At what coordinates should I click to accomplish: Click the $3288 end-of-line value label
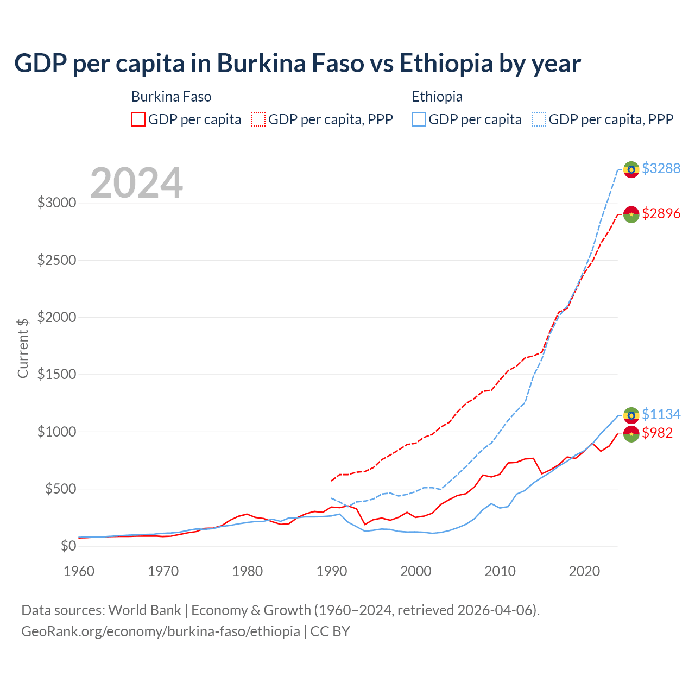[x=661, y=168]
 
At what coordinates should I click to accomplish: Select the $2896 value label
[x=661, y=213]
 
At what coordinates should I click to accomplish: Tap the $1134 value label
[x=661, y=414]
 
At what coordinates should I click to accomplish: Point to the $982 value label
[x=657, y=433]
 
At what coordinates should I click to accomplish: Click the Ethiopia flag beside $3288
[x=631, y=169]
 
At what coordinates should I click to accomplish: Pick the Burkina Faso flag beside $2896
[x=631, y=214]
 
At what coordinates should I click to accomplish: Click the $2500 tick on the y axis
[x=56, y=260]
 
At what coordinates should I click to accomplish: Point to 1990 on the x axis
[x=332, y=571]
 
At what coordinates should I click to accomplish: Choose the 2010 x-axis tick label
[x=500, y=571]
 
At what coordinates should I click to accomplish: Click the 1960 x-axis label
[x=79, y=571]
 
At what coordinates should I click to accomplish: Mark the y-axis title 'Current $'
[x=23, y=348]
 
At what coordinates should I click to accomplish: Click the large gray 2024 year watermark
[x=136, y=183]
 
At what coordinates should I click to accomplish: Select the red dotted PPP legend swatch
[x=258, y=119]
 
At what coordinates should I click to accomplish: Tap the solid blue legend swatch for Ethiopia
[x=418, y=119]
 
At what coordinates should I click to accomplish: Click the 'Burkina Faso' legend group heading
[x=171, y=97]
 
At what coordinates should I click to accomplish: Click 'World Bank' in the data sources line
[x=144, y=610]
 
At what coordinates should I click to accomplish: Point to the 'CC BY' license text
[x=330, y=631]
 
